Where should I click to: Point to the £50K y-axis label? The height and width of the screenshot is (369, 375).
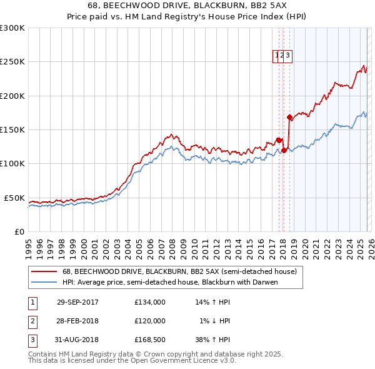[14, 198]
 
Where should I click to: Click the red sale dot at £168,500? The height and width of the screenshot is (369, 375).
[289, 117]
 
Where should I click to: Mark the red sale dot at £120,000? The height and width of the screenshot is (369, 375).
[284, 150]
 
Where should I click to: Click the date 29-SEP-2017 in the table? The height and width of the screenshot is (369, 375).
[77, 302]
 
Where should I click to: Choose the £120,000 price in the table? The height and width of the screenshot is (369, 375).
[150, 321]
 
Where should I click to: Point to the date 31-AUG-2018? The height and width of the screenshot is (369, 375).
[77, 340]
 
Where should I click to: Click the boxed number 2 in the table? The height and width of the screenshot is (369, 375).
[32, 321]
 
